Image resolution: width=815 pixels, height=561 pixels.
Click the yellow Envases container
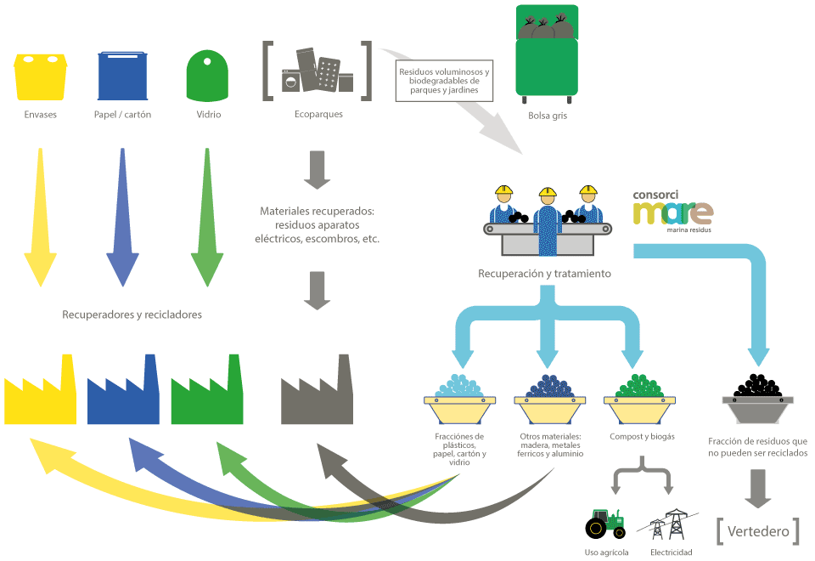[x=41, y=76]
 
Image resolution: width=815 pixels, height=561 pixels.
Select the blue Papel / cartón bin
[x=123, y=76]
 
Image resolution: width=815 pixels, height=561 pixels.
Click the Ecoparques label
[x=318, y=115]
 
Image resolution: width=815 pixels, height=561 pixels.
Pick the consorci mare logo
[x=672, y=208]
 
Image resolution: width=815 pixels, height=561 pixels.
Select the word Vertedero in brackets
[x=758, y=531]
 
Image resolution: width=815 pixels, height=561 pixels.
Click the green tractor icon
[x=605, y=524]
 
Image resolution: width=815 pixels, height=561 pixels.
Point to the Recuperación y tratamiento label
[x=544, y=274]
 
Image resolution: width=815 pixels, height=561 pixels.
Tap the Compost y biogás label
[x=642, y=436]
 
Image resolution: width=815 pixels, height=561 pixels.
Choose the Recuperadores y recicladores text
[x=132, y=314]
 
